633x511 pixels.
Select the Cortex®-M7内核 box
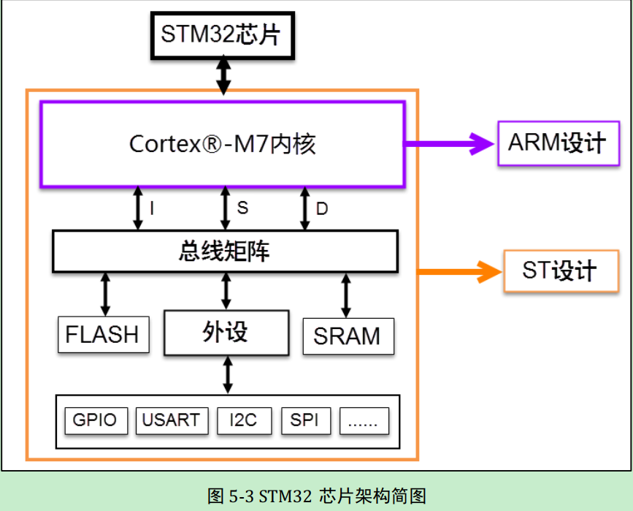tap(222, 144)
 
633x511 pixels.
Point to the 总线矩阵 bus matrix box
tap(225, 251)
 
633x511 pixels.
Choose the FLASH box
tap(102, 335)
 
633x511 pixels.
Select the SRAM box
tap(348, 336)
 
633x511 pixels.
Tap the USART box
tap(171, 420)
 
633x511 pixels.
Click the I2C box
tap(244, 420)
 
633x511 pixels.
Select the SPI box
tap(305, 420)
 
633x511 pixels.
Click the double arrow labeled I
tap(137, 208)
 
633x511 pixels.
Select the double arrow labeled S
tap(226, 208)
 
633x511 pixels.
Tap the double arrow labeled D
tap(304, 208)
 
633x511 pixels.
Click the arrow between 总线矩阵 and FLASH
tap(106, 294)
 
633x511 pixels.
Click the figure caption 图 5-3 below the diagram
tap(316, 496)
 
